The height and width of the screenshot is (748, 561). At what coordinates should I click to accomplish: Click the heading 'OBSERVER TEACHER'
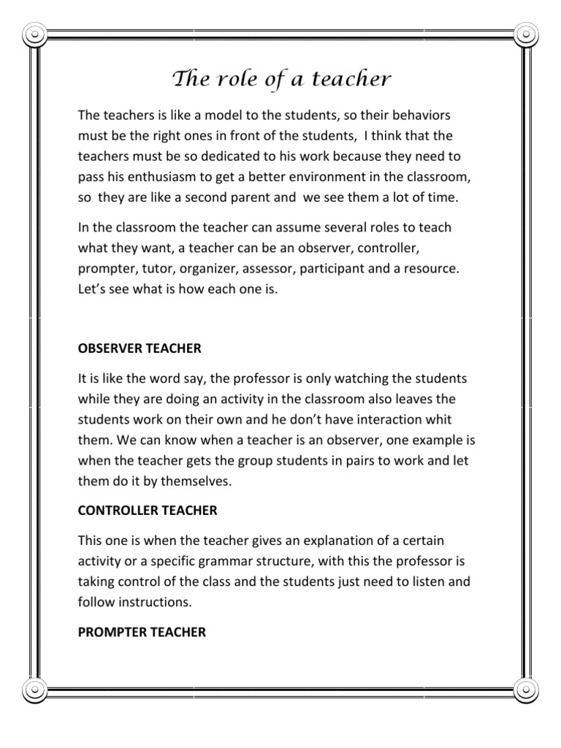140,348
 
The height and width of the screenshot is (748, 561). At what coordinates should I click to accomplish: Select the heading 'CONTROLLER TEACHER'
148,511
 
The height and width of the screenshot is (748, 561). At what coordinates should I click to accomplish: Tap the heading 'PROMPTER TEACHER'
142,632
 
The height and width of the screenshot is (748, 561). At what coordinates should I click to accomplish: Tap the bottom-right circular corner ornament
526,688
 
